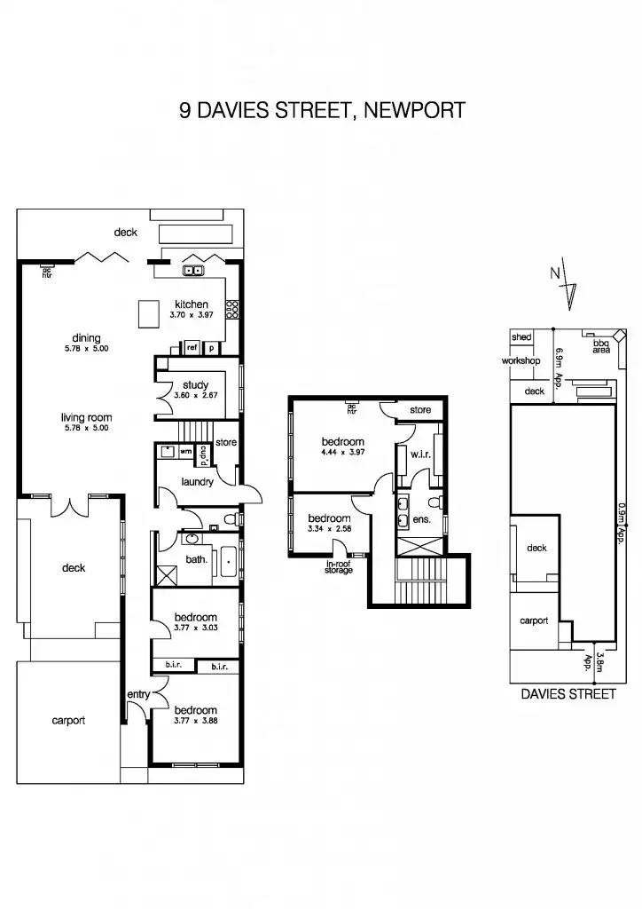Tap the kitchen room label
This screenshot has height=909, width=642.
[191, 304]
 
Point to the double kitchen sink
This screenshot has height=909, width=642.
[194, 271]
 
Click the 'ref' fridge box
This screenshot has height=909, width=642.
[192, 347]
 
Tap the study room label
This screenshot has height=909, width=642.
[195, 385]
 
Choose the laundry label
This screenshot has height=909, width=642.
[196, 482]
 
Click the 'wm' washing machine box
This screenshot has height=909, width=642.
[185, 452]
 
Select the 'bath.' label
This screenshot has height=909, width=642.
[196, 559]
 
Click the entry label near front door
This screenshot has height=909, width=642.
[138, 694]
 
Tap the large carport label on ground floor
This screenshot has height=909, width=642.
[68, 721]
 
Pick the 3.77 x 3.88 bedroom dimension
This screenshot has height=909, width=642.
[195, 721]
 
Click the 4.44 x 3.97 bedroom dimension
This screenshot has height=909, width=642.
[342, 453]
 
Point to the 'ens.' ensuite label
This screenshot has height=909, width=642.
[423, 519]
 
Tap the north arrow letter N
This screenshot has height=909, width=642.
[554, 273]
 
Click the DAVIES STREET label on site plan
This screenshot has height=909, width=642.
[568, 694]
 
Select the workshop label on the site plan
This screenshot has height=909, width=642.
[521, 361]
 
